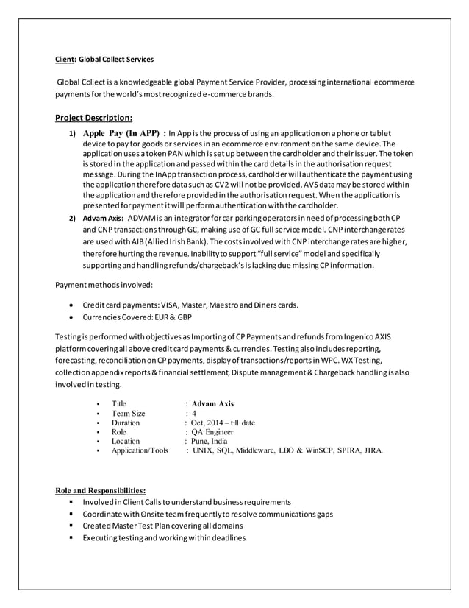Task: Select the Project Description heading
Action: [x=94, y=116]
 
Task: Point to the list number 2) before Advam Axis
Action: [x=72, y=219]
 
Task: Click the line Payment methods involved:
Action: [x=94, y=284]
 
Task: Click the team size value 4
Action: [x=193, y=414]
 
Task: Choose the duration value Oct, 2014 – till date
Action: [x=223, y=423]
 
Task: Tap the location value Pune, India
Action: [x=210, y=441]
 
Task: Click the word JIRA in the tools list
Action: [x=373, y=450]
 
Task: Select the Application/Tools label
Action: [x=139, y=450]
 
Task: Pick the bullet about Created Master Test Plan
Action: [x=162, y=526]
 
